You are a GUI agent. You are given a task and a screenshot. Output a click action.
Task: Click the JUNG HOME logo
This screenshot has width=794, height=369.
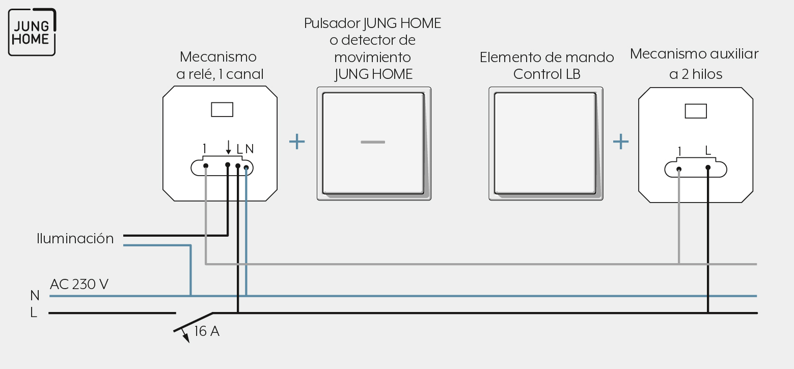point(32,32)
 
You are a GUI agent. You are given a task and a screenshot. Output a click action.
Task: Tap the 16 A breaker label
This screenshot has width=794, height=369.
point(207,331)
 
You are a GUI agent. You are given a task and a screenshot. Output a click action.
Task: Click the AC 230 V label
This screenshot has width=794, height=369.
point(79,284)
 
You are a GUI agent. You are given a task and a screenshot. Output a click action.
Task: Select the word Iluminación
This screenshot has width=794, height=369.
point(75,238)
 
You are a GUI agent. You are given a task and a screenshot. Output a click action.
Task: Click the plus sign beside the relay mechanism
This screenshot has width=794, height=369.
point(297,142)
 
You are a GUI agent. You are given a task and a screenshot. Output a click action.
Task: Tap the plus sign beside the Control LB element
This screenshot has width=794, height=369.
point(621,142)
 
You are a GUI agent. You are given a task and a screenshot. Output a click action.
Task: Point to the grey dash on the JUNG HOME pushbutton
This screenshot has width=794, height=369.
point(373,142)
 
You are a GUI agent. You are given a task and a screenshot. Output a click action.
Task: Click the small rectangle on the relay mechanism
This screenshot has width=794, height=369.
point(222,109)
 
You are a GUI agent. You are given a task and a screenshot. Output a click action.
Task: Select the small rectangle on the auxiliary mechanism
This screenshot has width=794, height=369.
point(696,111)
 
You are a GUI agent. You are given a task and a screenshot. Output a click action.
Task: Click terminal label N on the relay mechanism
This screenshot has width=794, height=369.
point(250,149)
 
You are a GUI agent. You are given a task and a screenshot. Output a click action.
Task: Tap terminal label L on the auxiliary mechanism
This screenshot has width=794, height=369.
point(708,151)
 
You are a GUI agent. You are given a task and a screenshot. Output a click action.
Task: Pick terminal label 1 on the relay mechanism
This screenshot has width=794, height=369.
point(205,149)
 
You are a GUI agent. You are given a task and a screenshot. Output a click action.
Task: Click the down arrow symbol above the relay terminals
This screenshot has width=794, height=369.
point(228,147)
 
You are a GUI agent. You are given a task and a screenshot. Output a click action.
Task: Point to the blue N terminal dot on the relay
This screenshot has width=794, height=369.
point(247,167)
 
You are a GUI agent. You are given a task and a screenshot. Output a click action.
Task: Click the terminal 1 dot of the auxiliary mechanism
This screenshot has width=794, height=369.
point(679,169)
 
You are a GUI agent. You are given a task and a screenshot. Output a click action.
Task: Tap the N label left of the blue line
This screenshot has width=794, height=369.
point(35,295)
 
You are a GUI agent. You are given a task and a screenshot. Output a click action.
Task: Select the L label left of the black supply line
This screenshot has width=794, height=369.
point(34,313)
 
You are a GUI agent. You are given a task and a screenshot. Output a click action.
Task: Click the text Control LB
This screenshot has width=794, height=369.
point(546,74)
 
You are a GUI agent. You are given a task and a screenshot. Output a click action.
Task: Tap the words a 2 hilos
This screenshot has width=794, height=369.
point(696,74)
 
